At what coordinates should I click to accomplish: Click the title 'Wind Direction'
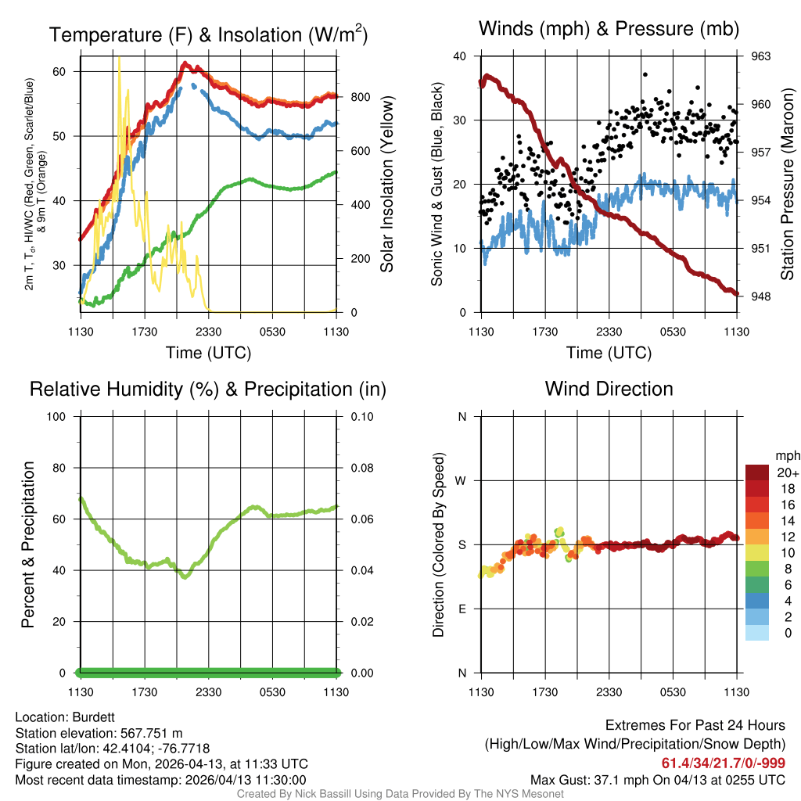click(x=609, y=389)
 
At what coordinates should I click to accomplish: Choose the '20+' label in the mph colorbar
click(x=787, y=473)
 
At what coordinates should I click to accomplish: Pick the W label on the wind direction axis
click(x=462, y=480)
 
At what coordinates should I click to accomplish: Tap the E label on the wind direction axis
click(x=462, y=609)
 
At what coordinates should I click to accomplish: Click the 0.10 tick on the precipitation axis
click(x=360, y=417)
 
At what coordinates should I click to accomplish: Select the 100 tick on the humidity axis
click(x=62, y=417)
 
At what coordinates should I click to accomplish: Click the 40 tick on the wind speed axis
click(x=459, y=56)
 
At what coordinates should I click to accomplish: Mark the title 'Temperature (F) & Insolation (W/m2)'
click(x=208, y=34)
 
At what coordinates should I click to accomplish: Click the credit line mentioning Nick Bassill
click(x=400, y=794)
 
